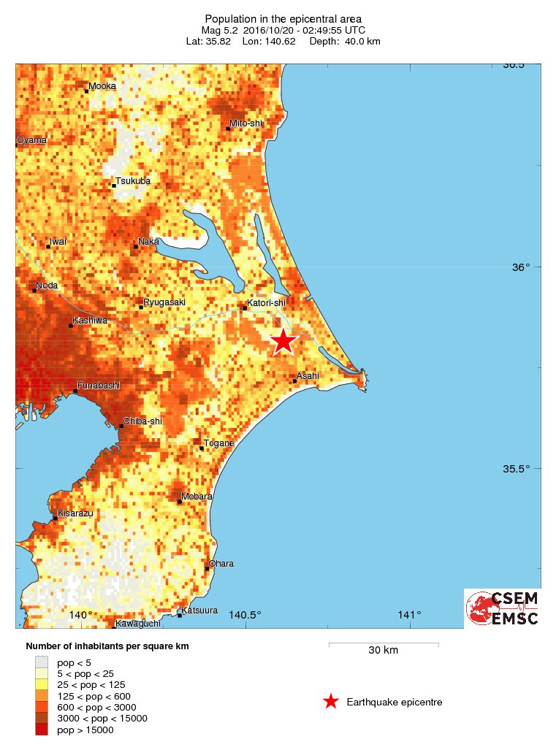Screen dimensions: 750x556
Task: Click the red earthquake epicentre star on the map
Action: coord(283,341)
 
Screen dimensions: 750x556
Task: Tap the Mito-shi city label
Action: coord(246,123)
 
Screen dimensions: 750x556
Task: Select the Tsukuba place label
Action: coord(133,180)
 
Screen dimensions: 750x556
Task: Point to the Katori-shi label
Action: coord(265,302)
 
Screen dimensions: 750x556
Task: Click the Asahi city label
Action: coord(308,375)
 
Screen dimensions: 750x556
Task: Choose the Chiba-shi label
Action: coord(142,421)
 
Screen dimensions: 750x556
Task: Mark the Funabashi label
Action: coord(98,386)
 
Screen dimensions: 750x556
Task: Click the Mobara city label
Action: coord(197,497)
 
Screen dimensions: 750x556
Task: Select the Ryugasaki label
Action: coord(164,302)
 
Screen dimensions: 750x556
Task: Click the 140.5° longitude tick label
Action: coord(245,615)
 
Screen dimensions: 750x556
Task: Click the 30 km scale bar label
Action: coord(383,651)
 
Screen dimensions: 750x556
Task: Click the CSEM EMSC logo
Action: coord(503,608)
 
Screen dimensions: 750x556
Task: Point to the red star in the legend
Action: coord(331,702)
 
